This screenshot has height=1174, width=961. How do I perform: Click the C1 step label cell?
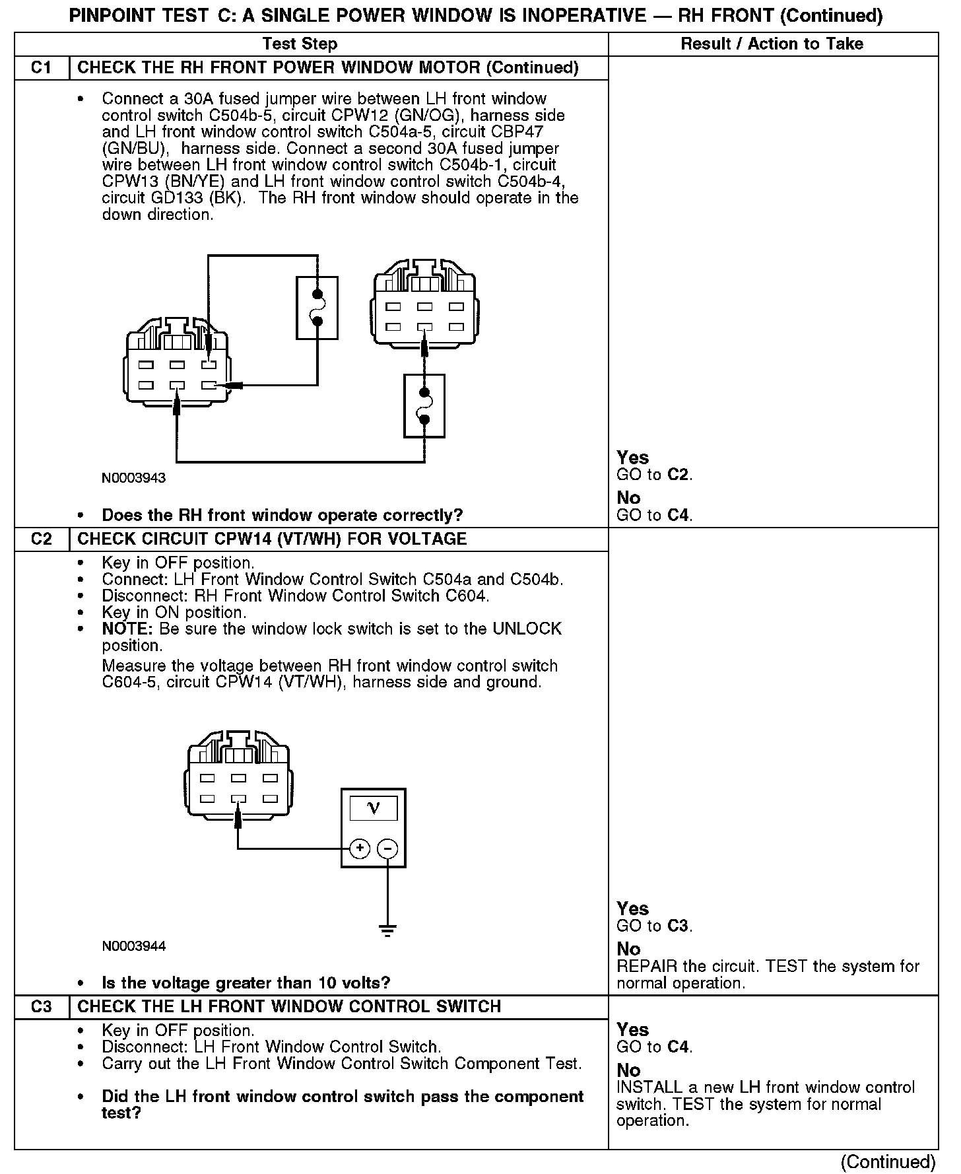41,68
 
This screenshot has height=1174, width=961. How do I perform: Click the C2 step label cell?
41,539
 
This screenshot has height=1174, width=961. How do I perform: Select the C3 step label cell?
41,1006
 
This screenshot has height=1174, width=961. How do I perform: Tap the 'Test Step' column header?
300,44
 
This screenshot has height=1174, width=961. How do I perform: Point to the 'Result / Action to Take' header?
772,44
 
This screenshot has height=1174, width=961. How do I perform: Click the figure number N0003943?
133,478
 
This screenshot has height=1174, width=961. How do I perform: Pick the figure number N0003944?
133,946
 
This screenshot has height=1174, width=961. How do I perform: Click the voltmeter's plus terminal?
359,848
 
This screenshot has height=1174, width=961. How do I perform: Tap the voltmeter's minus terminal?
387,848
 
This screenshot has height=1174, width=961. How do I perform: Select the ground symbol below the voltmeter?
387,930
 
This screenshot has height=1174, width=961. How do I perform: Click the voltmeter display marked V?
374,808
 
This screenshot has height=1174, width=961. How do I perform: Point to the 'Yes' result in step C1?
632,458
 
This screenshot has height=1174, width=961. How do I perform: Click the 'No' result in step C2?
628,949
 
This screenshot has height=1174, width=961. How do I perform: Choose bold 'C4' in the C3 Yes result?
678,1047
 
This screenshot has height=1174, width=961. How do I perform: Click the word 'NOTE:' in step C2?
127,629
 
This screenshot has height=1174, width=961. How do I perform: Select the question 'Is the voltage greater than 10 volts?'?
246,983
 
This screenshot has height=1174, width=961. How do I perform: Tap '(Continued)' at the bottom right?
888,1161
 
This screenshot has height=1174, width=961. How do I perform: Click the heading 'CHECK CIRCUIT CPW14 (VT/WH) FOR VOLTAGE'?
272,539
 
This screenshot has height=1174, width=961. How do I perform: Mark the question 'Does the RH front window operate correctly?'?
282,515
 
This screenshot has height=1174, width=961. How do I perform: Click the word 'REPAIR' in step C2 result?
647,967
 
